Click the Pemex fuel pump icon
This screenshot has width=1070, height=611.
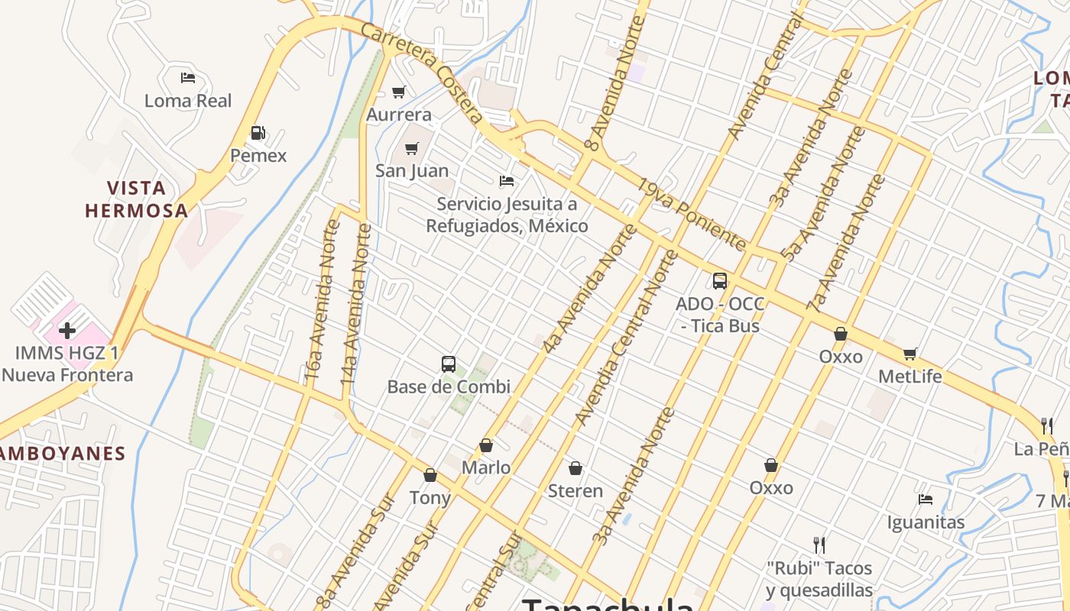click(258, 134)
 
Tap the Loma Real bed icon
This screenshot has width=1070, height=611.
click(188, 78)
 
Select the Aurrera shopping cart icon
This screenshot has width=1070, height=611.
click(398, 92)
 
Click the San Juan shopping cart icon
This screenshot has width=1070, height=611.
click(412, 148)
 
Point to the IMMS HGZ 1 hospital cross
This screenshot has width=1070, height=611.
click(67, 331)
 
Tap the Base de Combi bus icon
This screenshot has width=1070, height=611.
click(449, 364)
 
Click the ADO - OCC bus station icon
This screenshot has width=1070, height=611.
click(720, 281)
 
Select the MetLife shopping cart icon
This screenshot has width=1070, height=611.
click(910, 354)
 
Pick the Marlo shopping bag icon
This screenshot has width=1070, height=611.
click(486, 445)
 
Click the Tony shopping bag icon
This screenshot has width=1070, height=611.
click(430, 475)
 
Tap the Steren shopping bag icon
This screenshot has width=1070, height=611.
click(576, 467)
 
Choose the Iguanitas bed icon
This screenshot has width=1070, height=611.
click(926, 499)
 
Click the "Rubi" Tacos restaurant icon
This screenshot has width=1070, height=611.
click(819, 545)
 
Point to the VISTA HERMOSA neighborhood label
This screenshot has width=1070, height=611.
click(136, 199)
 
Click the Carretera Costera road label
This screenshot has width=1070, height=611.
click(422, 73)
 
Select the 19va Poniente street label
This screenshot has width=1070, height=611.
click(692, 215)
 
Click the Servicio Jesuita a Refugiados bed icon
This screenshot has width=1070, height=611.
click(507, 181)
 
